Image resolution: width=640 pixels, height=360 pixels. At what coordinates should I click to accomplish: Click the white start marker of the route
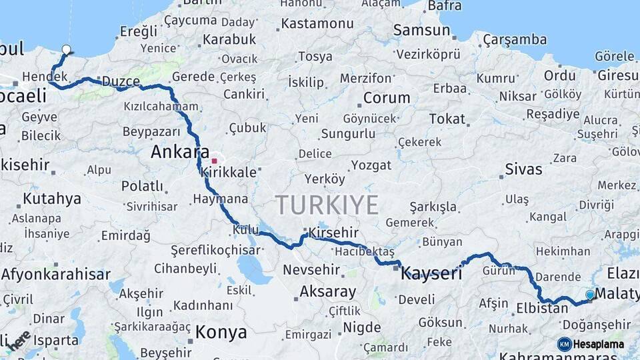(66, 49)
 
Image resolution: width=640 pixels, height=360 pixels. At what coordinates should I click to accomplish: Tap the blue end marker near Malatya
(590, 295)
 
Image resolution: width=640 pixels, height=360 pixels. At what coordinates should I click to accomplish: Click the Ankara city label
(179, 152)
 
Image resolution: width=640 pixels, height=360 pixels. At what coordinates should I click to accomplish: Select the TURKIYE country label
(327, 205)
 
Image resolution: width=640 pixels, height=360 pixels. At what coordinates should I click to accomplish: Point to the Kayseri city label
(431, 272)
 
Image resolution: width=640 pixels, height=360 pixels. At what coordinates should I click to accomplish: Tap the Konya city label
(221, 332)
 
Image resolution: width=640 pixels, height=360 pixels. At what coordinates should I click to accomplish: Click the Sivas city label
(523, 169)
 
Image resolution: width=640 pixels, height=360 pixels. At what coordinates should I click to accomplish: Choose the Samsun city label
(421, 30)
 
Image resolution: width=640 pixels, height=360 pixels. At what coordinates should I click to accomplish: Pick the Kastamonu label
(317, 23)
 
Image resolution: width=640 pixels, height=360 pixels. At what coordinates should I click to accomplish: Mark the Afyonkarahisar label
(56, 274)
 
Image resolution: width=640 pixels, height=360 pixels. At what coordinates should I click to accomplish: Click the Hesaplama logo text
(599, 344)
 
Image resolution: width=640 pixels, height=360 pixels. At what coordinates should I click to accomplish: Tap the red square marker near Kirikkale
(214, 161)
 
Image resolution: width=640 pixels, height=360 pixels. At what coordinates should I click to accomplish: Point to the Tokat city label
(447, 119)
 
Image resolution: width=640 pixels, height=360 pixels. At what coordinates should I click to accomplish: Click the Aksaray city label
(327, 291)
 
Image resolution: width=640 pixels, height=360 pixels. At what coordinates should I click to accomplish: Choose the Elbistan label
(542, 309)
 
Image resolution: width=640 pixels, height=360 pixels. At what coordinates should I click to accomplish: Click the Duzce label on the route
(121, 81)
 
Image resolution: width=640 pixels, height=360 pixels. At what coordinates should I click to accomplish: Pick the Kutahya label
(52, 199)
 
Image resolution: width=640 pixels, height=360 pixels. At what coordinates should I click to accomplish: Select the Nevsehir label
(311, 270)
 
